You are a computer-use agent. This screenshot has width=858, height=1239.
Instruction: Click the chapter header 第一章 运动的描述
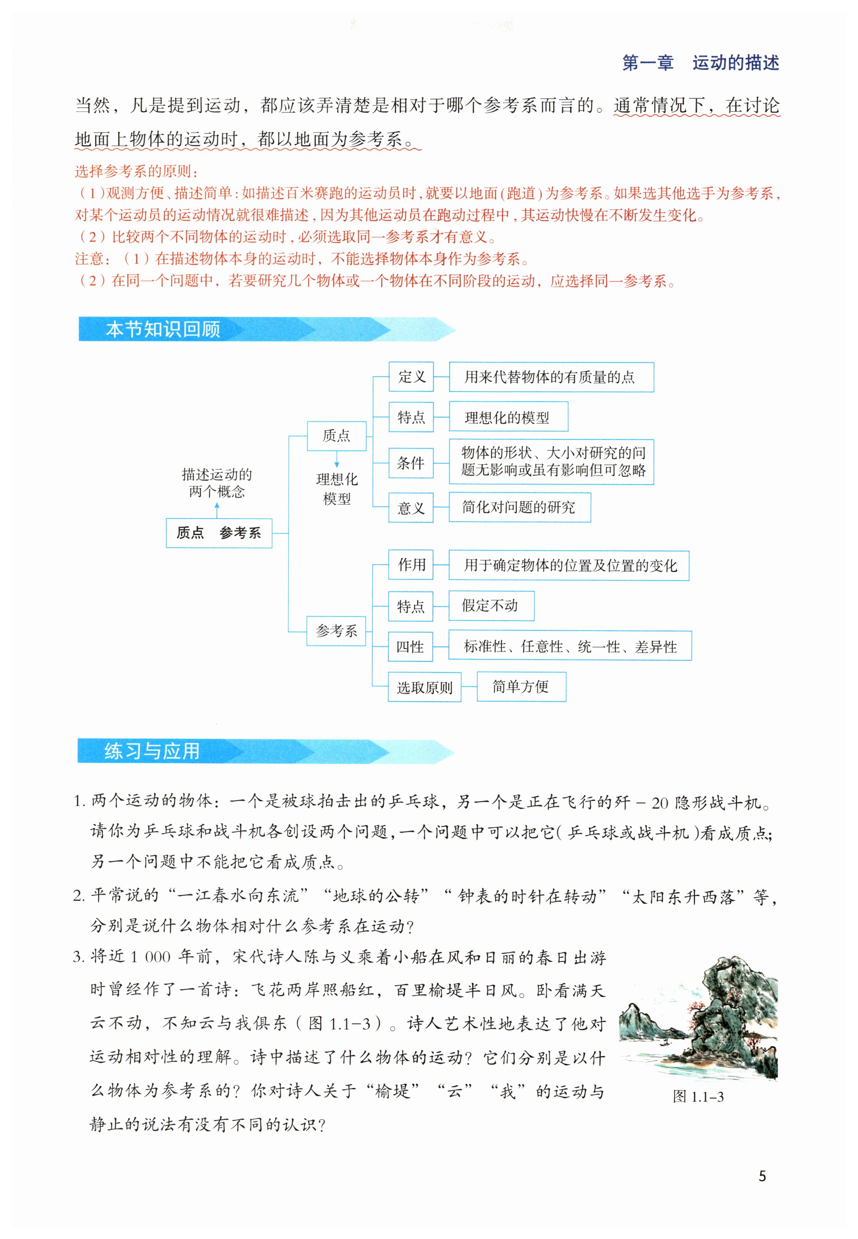(x=700, y=63)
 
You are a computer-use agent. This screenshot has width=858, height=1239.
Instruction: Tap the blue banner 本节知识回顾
(x=163, y=329)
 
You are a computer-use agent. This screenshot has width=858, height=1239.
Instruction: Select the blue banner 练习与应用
(x=152, y=750)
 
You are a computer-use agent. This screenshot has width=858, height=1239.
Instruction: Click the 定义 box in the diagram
(x=411, y=377)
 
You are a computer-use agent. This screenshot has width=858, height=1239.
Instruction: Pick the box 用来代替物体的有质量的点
(x=551, y=377)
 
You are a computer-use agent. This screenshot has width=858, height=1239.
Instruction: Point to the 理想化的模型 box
(x=508, y=417)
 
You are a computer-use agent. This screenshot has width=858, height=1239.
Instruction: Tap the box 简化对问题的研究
(x=519, y=508)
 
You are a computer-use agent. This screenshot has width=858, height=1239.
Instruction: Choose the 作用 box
(x=411, y=565)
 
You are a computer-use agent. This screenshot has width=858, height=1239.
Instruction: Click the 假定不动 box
(x=490, y=606)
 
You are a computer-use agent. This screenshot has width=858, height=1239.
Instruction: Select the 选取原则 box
(x=425, y=687)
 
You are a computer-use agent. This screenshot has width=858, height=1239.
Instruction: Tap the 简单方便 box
(x=521, y=686)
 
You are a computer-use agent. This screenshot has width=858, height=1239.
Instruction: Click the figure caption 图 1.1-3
(x=698, y=1097)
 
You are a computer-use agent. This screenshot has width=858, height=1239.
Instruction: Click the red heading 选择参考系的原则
(x=136, y=172)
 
